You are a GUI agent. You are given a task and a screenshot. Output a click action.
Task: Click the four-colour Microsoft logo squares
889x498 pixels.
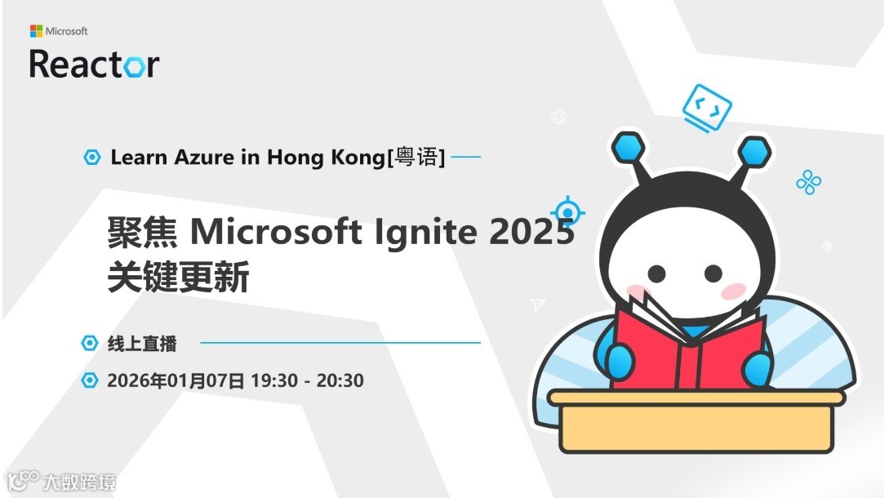(x=36, y=31)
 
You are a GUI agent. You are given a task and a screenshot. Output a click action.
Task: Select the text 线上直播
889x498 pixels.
(x=142, y=344)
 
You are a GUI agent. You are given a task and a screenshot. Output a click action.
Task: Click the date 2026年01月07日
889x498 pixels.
(x=176, y=380)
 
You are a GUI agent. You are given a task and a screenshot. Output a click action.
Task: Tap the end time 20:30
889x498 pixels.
(x=340, y=380)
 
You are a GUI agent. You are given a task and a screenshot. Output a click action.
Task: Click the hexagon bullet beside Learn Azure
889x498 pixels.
(x=92, y=158)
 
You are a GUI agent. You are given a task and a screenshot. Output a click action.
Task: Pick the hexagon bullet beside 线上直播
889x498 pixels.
(x=90, y=344)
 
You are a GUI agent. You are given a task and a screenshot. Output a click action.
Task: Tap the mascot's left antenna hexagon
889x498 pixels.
(x=628, y=148)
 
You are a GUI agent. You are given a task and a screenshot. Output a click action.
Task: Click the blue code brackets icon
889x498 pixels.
(x=706, y=106)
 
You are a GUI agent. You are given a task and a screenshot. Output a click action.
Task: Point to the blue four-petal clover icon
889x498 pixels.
(x=808, y=182)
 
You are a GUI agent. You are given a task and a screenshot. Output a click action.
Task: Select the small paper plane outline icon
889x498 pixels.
(x=537, y=305)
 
